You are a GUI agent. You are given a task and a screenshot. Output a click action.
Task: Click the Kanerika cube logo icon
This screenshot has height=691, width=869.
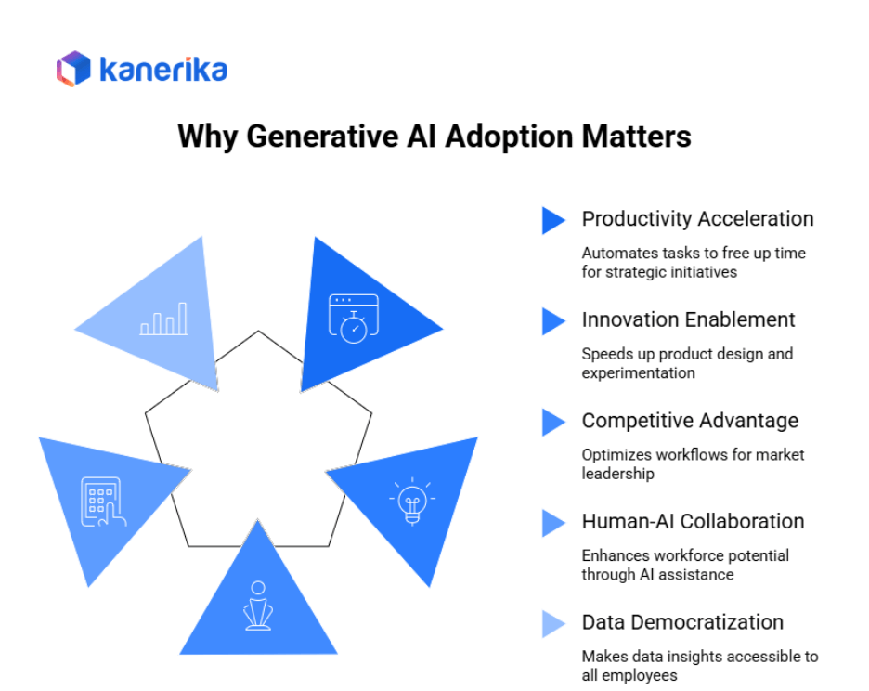tap(73, 69)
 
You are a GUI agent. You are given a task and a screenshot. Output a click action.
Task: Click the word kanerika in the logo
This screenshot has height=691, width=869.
tap(162, 70)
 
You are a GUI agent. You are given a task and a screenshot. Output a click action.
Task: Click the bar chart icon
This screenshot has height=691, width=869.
tap(163, 319)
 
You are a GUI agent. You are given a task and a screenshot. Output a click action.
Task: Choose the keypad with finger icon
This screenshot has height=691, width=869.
tap(102, 502)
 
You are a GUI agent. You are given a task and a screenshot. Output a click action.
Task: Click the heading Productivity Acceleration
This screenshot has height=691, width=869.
tap(697, 219)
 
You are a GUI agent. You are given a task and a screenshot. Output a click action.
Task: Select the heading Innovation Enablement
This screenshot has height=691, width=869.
tap(688, 320)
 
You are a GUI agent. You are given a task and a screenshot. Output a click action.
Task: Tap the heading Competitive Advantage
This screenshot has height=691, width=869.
tap(690, 421)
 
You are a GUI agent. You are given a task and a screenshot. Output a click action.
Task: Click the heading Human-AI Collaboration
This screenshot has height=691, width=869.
tap(693, 522)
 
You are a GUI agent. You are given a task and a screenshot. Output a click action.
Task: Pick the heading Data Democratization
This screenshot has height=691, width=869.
tap(682, 622)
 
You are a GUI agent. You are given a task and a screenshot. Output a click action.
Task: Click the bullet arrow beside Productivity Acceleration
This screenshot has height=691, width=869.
tap(553, 220)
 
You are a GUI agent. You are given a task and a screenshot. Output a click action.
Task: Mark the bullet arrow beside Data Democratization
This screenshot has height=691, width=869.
tap(553, 623)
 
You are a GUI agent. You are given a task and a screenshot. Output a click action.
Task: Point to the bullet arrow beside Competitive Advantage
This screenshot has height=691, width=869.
tap(553, 422)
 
